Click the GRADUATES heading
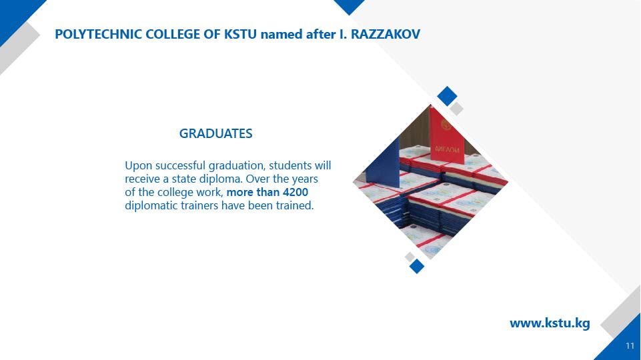click(216, 133)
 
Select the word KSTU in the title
click(240, 34)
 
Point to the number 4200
click(295, 192)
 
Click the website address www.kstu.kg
click(550, 323)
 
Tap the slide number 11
click(630, 346)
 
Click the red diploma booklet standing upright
click(446, 135)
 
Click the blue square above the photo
click(447, 96)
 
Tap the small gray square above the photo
click(457, 109)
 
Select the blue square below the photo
click(417, 266)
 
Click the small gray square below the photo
click(409, 257)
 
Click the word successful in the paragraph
click(180, 165)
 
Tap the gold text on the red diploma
click(447, 149)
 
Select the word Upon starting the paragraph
click(138, 166)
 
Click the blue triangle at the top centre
click(349, 6)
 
